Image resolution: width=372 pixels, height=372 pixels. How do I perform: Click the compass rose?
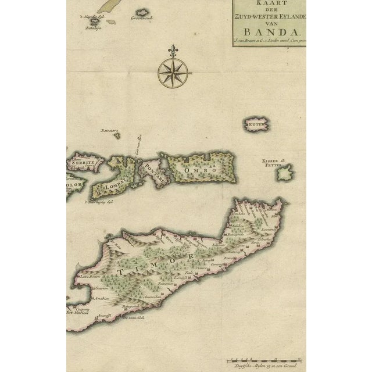tap(173, 73)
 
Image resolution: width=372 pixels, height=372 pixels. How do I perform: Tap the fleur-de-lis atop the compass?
tap(173, 52)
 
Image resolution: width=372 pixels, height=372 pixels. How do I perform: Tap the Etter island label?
tap(254, 124)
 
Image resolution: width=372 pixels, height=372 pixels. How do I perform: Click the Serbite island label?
tap(83, 163)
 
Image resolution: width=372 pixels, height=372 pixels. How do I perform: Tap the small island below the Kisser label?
tap(284, 173)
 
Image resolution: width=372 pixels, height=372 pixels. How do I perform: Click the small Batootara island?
tap(116, 135)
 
